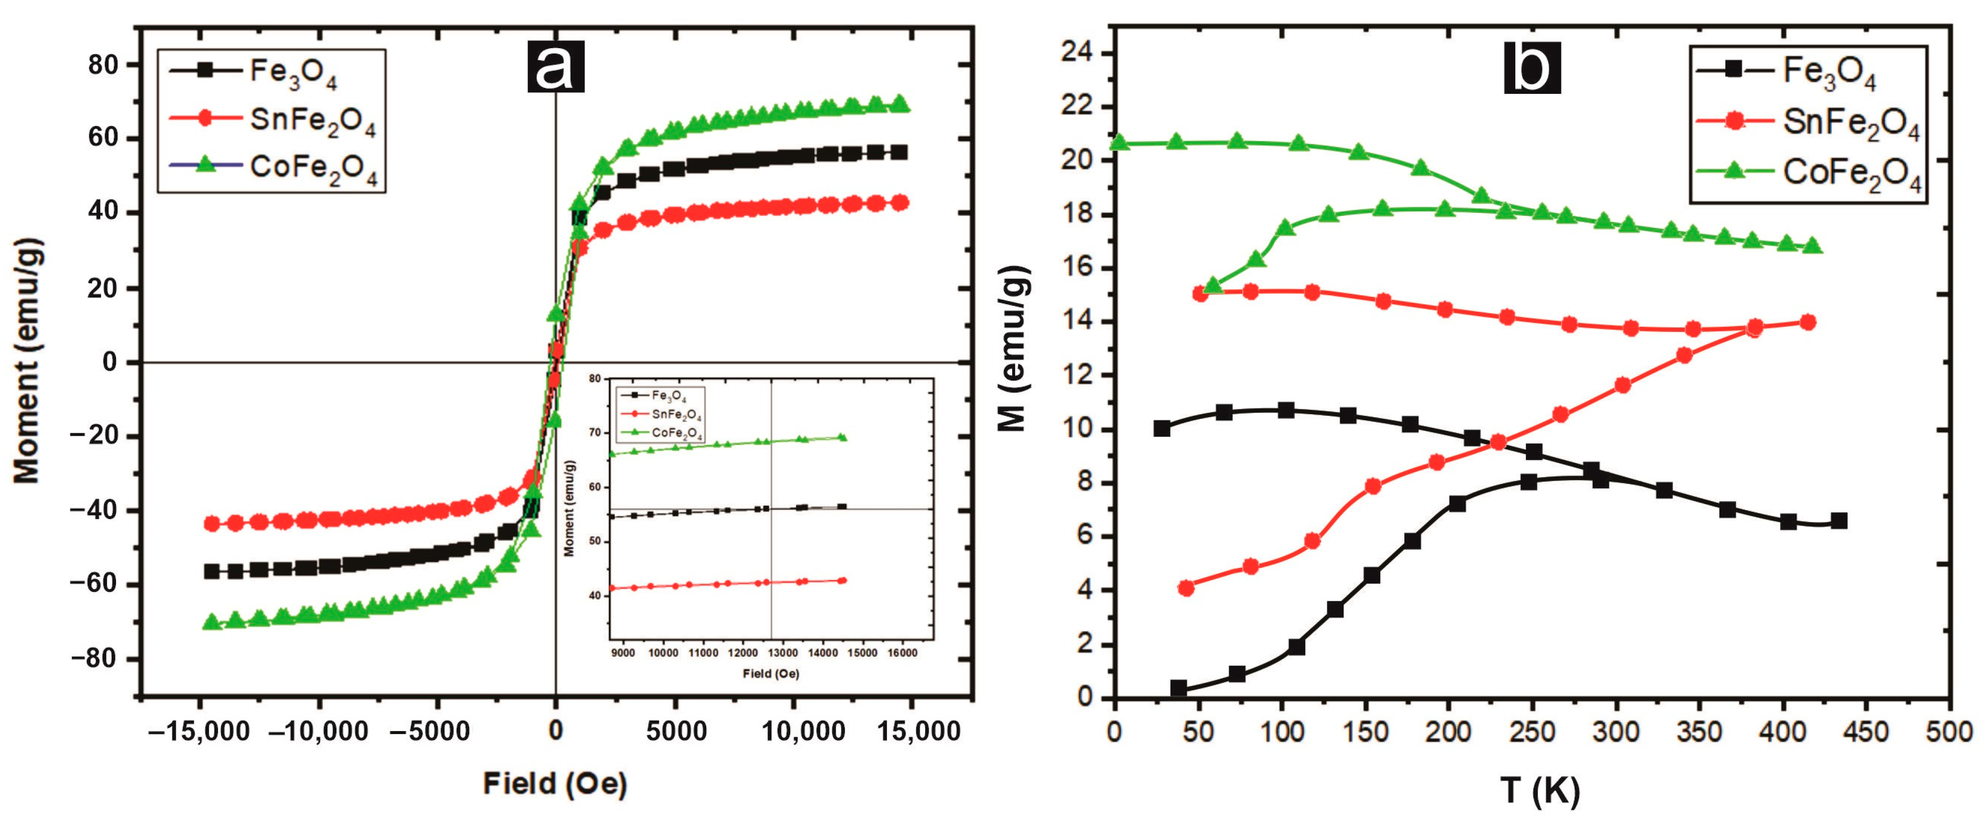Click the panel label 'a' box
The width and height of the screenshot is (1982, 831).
click(556, 66)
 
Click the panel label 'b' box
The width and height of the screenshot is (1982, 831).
click(1532, 68)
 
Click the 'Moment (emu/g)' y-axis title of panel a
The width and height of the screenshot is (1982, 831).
click(28, 361)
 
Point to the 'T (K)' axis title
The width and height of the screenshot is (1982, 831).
click(1539, 791)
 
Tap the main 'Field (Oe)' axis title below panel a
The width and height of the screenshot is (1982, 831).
click(555, 784)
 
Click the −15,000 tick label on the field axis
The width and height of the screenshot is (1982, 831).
click(198, 731)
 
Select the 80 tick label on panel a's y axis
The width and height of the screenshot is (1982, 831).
click(103, 65)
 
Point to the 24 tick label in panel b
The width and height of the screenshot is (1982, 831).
click(1076, 52)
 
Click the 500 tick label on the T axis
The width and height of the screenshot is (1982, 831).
click(1948, 731)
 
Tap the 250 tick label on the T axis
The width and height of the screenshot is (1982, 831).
click(1532, 731)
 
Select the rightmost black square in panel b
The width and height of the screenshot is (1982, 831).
click(1839, 521)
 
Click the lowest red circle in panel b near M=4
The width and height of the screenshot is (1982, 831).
click(1186, 588)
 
